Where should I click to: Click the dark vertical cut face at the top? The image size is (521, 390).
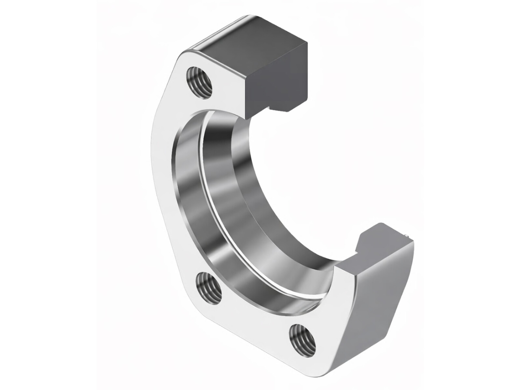[x=277, y=78]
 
